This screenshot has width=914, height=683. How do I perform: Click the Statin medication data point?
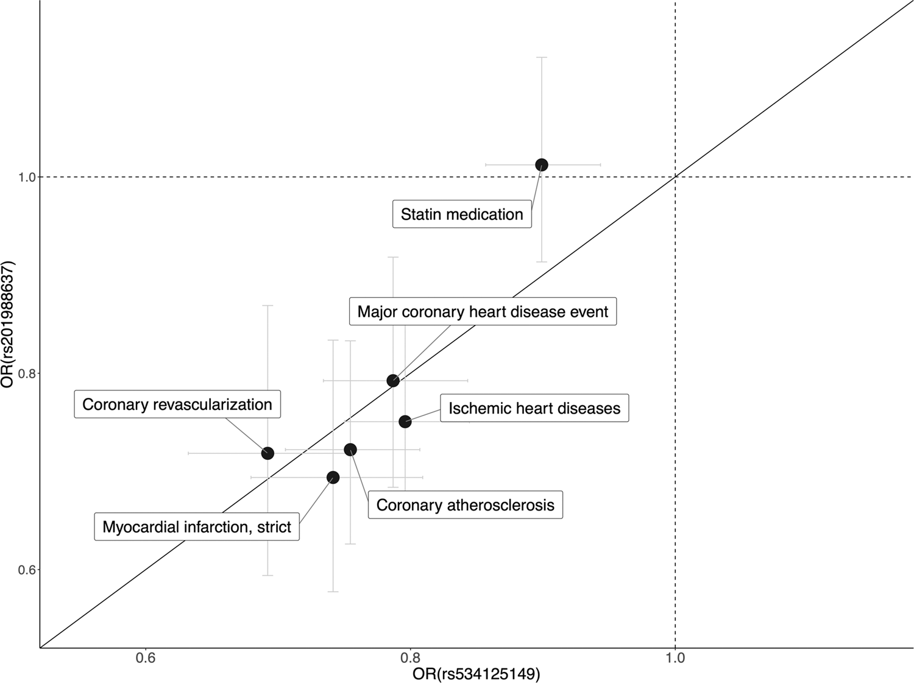pos(541,165)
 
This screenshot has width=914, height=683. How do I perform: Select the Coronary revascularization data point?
pos(267,453)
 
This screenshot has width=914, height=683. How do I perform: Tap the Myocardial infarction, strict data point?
pos(333,477)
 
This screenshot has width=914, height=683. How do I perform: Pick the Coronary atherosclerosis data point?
pos(350,450)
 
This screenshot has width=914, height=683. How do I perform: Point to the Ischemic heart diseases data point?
pos(405,422)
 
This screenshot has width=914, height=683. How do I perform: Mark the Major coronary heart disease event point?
pos(393,381)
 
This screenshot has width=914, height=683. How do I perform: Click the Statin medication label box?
pos(462,214)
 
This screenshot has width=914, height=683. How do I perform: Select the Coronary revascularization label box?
pos(177,405)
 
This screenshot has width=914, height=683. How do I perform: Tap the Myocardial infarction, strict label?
pos(197,526)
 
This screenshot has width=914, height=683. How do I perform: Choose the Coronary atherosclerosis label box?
pos(466,505)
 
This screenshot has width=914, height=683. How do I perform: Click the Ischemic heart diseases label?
pos(534,408)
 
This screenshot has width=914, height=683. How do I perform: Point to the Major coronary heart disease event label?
pos(483,312)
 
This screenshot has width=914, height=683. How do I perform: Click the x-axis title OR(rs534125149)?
pos(476,674)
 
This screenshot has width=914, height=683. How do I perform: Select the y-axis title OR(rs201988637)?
pos(9,324)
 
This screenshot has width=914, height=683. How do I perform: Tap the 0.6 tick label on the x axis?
pos(146,658)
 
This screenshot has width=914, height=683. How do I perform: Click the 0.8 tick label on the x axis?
pos(411,658)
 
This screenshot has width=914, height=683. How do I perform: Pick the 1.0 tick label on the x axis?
pos(675,658)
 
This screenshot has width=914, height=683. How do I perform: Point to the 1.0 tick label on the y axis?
pos(26,177)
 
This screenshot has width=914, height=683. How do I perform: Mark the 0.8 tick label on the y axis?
pos(26,373)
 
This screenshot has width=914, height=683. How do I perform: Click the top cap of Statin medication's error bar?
pos(541,57)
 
